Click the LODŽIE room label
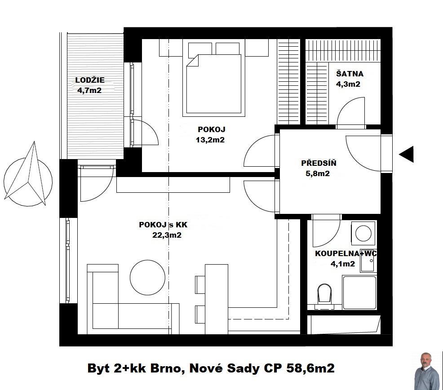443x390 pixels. [90, 80]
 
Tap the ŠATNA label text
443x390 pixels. [350, 74]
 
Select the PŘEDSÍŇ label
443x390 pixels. [319, 163]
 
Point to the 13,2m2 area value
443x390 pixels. [210, 140]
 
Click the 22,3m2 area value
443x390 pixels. [167, 235]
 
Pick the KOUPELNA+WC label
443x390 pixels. [346, 253]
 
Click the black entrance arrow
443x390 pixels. [407, 154]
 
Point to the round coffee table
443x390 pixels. [147, 278]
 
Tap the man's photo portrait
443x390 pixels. [427, 371]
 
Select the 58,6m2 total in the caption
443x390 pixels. [310, 368]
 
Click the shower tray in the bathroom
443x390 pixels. [359, 292]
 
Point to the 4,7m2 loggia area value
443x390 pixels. [89, 90]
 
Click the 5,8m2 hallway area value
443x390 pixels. [318, 173]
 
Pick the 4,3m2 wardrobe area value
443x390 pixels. [348, 84]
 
